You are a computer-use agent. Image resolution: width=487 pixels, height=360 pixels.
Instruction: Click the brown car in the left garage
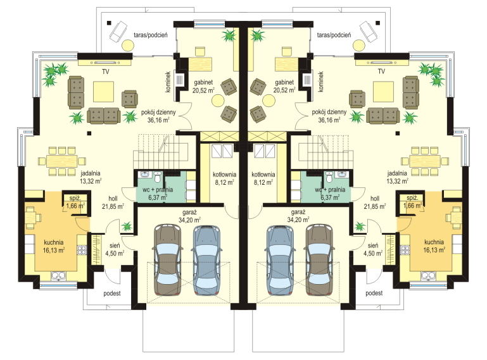168,260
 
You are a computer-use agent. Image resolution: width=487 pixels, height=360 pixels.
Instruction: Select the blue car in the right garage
281,260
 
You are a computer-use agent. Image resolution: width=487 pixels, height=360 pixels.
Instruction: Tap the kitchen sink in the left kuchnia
58,276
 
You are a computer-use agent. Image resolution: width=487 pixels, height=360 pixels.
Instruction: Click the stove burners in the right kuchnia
405,249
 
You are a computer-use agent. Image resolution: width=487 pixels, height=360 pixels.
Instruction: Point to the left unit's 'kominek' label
168,82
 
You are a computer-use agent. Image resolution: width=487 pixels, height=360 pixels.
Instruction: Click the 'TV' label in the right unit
381,71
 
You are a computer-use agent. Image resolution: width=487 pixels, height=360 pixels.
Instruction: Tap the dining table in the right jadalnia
424,161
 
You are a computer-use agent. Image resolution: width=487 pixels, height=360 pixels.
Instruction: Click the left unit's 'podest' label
112,294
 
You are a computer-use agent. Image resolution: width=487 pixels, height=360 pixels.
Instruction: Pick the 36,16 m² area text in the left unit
158,120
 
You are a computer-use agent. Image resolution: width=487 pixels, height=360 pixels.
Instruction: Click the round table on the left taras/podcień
128,46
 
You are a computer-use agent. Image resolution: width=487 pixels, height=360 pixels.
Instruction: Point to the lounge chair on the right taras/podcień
369,32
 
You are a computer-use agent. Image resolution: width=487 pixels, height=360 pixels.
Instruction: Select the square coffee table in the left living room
103,91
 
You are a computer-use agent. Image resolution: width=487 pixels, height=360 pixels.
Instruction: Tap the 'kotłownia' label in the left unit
225,175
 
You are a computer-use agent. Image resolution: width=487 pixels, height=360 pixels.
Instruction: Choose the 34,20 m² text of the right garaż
298,220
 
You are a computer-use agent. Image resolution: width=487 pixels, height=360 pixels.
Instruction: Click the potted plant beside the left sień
127,226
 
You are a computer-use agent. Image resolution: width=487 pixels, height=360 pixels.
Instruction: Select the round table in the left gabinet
218,101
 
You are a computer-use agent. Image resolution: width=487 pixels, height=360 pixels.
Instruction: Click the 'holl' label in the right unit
375,198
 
